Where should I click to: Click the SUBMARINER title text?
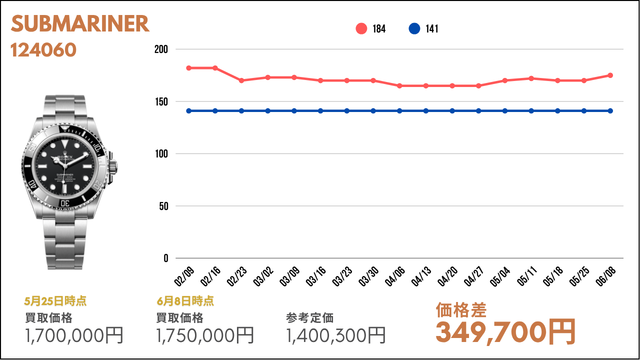[x=80, y=24]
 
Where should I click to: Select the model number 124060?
[x=43, y=49]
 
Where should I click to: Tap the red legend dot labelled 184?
[x=361, y=28]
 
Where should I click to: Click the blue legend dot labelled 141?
[x=414, y=28]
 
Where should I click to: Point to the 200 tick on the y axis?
[x=161, y=49]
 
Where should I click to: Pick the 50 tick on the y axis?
[x=163, y=206]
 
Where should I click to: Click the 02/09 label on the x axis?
[x=184, y=275]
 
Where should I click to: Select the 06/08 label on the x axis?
[x=606, y=275]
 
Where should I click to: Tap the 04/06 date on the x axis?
[x=395, y=275]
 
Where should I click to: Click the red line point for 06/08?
[x=610, y=75]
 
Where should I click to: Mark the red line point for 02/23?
[x=241, y=80]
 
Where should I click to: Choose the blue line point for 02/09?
[x=189, y=110]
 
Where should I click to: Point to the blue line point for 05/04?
[x=505, y=110]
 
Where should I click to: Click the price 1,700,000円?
[x=74, y=335]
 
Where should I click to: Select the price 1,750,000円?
[x=205, y=335]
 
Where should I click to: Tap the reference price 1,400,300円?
[x=336, y=335]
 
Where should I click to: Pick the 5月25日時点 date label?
[x=55, y=301]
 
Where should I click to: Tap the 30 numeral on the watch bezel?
[x=64, y=203]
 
